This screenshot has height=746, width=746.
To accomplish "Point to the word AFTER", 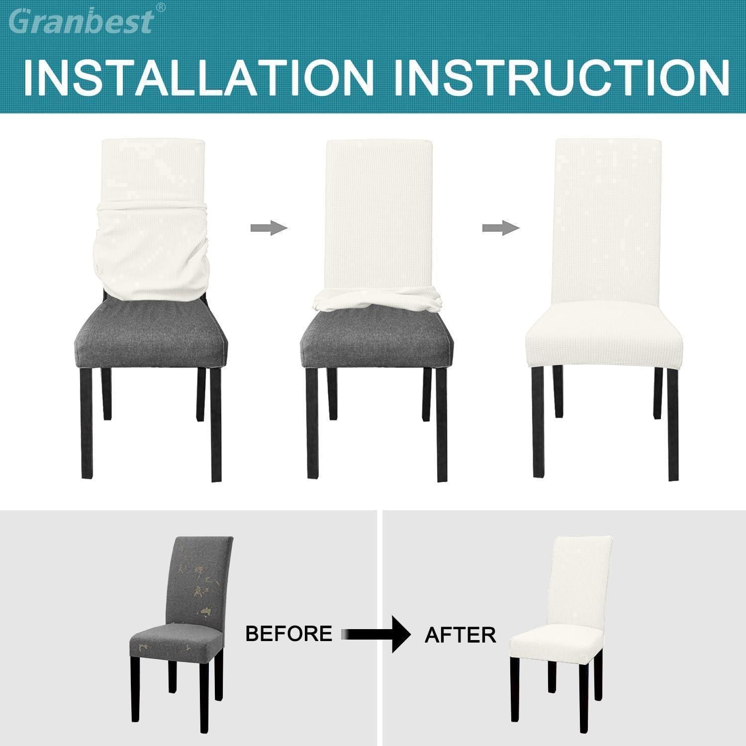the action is point(460,635).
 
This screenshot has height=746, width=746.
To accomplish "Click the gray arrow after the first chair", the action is point(269,228).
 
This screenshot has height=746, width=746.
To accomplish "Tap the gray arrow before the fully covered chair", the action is point(501,228).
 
